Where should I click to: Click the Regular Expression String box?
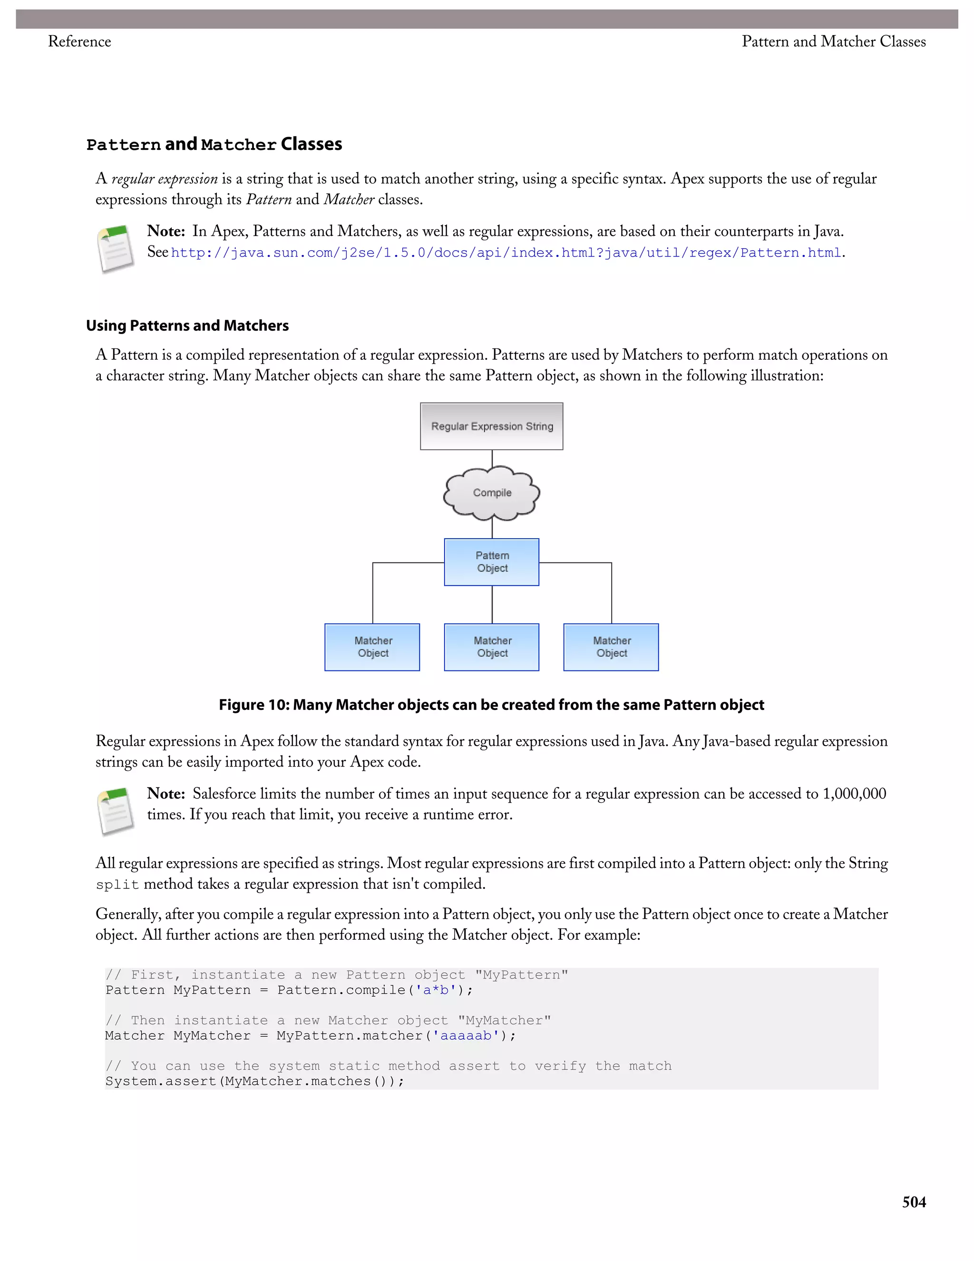point(492,426)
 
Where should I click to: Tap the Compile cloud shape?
point(492,493)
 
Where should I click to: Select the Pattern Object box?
point(492,562)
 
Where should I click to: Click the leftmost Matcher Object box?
point(372,647)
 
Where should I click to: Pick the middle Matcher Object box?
point(492,647)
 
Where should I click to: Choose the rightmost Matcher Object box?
point(611,647)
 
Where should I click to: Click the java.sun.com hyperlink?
point(506,253)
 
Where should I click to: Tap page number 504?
point(914,1202)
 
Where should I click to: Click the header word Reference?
point(79,41)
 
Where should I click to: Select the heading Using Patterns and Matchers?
point(187,325)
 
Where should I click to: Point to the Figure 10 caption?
point(491,705)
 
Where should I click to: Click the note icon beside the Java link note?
point(116,249)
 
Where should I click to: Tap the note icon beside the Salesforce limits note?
point(116,811)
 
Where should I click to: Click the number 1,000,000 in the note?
point(854,794)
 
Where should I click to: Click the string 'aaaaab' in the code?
point(466,1036)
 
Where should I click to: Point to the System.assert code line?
point(254,1082)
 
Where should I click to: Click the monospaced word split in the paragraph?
point(117,885)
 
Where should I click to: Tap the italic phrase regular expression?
point(165,179)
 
